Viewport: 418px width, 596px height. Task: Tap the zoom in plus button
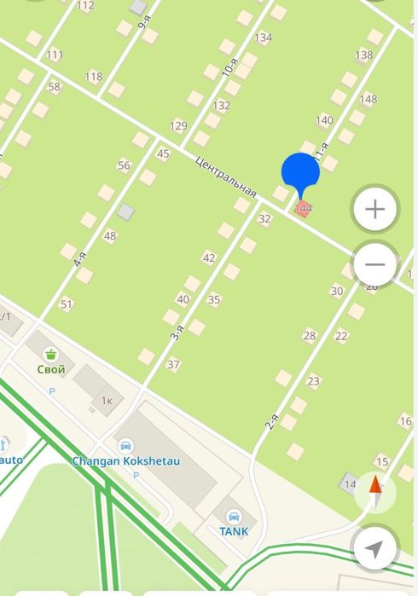tap(375, 210)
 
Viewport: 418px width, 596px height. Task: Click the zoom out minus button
tap(375, 264)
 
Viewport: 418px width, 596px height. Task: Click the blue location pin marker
tap(300, 174)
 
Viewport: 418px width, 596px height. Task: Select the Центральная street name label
tap(226, 176)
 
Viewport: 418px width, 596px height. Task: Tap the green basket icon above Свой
tap(51, 354)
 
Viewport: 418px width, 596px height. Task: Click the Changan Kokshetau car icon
tap(125, 446)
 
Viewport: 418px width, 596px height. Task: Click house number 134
tap(263, 38)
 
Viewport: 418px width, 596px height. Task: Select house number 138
tap(363, 55)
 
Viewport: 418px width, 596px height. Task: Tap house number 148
tap(368, 100)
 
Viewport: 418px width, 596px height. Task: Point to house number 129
tap(178, 126)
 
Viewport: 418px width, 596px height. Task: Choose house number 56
tap(125, 165)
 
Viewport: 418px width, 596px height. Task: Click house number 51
tap(67, 304)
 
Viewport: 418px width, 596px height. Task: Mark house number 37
tap(173, 365)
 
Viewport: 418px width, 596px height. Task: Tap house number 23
tap(313, 381)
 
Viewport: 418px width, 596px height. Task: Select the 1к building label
tap(107, 400)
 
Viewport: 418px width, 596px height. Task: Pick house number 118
tap(93, 77)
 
